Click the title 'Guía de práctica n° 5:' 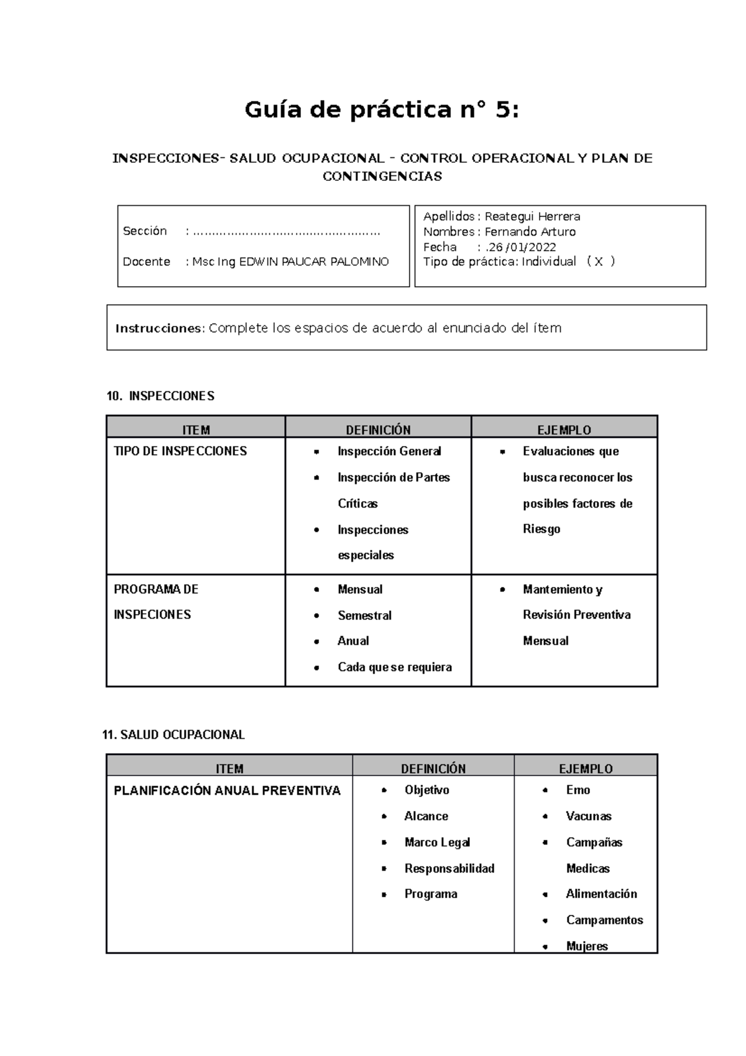click(x=381, y=110)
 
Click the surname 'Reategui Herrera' click(x=532, y=216)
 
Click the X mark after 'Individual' click(x=599, y=262)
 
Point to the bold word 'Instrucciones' click(x=159, y=328)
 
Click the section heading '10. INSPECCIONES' click(x=160, y=396)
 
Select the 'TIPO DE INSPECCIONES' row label click(x=180, y=451)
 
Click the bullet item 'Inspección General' click(x=389, y=451)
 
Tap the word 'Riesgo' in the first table click(x=541, y=529)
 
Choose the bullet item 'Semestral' click(x=364, y=616)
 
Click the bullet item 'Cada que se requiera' click(x=395, y=667)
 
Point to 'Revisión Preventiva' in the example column click(x=576, y=615)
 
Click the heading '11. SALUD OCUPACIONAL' click(x=173, y=735)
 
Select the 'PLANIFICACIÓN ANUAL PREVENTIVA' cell click(x=227, y=791)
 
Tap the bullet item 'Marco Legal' click(x=437, y=843)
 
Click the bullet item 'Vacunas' click(x=588, y=817)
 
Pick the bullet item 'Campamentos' click(x=604, y=920)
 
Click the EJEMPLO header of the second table click(x=586, y=769)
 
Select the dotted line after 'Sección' click(x=287, y=232)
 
